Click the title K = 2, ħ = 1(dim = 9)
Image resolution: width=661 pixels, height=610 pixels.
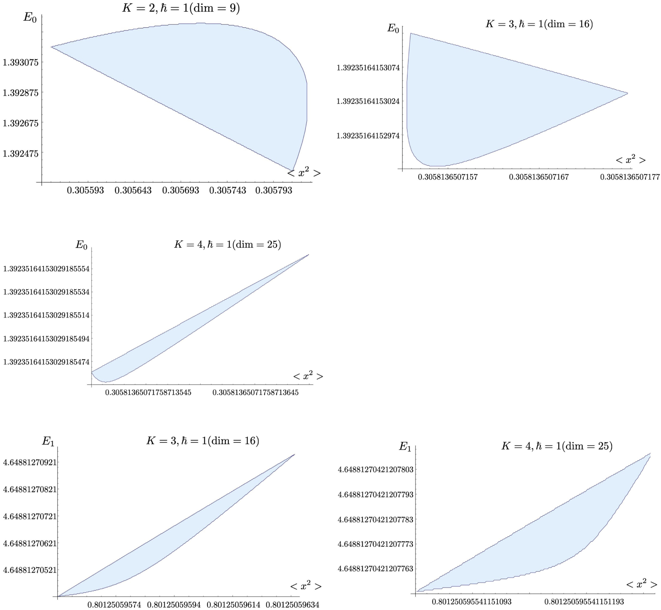pos(181,8)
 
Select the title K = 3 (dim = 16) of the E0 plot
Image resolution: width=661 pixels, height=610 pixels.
pos(539,24)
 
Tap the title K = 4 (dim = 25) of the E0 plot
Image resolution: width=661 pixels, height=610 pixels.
pos(227,244)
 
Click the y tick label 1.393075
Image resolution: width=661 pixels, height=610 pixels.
pos(20,62)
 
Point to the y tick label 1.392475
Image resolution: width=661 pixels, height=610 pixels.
pos(20,154)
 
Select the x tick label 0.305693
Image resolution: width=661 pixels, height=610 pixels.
pos(181,190)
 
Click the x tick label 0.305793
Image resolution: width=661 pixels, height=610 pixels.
pos(273,190)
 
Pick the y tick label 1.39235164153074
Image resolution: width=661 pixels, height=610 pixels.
pos(368,68)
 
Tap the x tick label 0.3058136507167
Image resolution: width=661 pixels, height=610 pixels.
pos(539,177)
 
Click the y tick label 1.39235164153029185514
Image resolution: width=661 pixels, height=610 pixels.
pos(46,315)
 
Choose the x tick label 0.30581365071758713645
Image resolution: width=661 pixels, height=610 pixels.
pos(255,392)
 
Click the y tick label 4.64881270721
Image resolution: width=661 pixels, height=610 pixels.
pos(30,516)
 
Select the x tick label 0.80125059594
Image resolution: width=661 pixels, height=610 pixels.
pos(174,605)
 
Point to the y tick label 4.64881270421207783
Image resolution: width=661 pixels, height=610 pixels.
pos(375,520)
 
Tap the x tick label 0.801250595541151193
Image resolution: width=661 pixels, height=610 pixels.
pos(584,602)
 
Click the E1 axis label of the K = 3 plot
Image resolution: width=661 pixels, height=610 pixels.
pos(48,441)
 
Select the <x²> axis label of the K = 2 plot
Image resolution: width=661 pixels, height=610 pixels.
pos(304,173)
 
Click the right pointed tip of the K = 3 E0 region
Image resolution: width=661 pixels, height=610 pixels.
pos(628,93)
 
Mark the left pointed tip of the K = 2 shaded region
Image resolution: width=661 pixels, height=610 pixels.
pos(51,47)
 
